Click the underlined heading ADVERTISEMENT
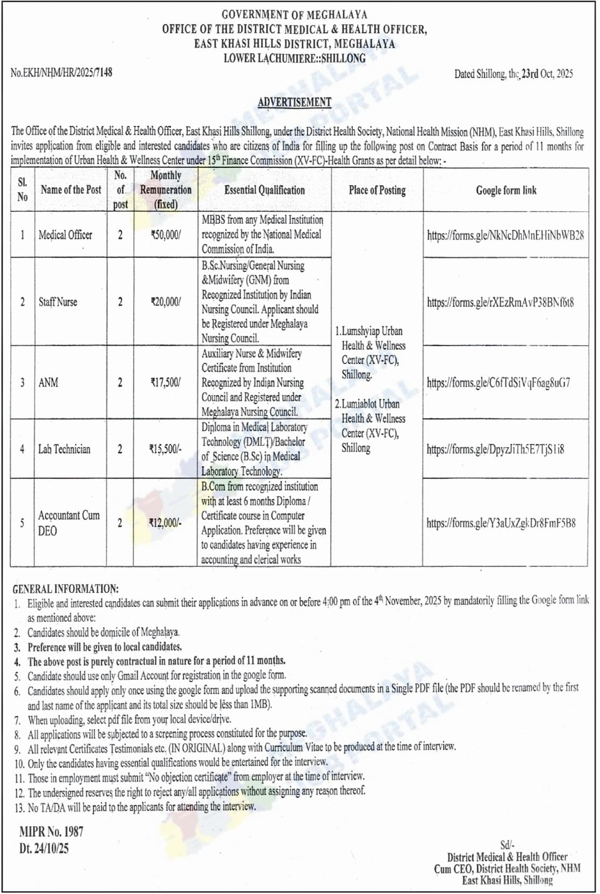[294, 102]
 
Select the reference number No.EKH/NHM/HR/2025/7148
[61, 72]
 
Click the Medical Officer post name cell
[65, 235]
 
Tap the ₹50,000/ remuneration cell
[166, 235]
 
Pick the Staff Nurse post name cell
[58, 302]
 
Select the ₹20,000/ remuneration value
[166, 302]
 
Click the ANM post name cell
[48, 383]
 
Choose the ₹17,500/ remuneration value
[166, 383]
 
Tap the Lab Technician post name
[64, 449]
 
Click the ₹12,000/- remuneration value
[166, 523]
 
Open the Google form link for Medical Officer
[505, 235]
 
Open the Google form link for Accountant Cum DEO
[501, 523]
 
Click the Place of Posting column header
[377, 190]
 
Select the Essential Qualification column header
[265, 190]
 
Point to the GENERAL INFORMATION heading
[66, 589]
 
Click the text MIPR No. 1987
[51, 832]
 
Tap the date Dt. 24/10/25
[44, 849]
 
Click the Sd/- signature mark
[507, 846]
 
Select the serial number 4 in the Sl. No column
[22, 449]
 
